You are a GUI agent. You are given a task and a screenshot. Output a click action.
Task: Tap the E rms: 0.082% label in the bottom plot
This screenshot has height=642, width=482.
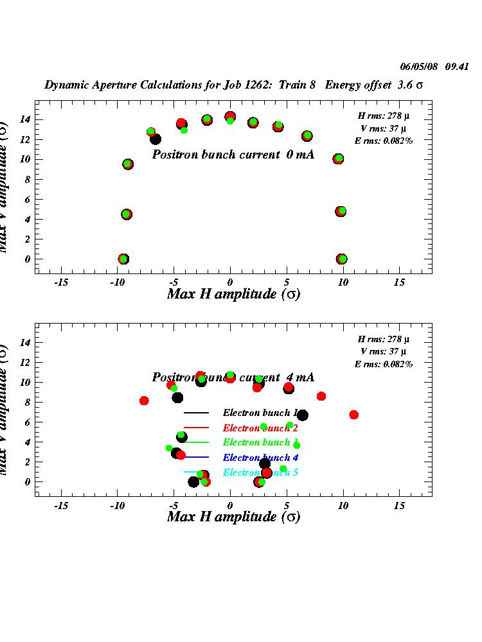coord(384,364)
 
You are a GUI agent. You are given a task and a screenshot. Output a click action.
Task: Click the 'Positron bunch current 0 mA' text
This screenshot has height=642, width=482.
coord(233,155)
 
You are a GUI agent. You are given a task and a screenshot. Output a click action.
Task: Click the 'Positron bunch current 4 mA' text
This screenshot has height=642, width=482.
coord(233,377)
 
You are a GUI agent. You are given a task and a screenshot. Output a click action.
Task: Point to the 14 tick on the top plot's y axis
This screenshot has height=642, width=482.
coord(26,119)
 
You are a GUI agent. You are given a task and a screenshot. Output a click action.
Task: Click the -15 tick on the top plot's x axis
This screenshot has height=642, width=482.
coord(62,282)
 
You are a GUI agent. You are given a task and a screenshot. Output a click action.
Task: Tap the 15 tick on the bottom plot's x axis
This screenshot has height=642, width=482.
coord(399,505)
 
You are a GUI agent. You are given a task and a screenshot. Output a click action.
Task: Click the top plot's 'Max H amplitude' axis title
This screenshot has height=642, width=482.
coord(233,294)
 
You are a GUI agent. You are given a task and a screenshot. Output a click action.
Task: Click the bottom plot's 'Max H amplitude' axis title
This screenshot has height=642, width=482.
coord(233,517)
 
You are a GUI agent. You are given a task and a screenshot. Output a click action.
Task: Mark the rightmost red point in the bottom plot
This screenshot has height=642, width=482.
coord(353,415)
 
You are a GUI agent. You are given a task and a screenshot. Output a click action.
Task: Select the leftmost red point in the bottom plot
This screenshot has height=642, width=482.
coord(144,401)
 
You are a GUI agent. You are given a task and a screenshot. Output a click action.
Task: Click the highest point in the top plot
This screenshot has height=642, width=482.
coord(230,117)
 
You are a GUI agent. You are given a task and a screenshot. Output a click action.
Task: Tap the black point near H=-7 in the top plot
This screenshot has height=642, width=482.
coord(156,139)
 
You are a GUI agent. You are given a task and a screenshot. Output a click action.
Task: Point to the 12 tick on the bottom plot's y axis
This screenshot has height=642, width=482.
coord(26,363)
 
